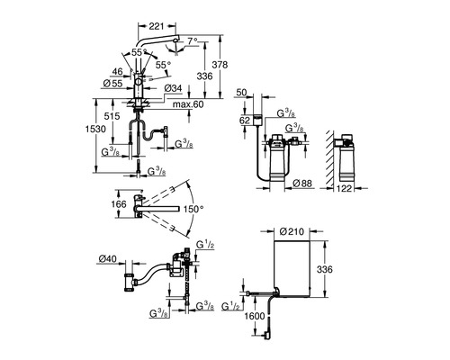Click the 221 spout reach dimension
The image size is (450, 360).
tap(157, 26)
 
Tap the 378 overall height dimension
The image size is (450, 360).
tap(220, 65)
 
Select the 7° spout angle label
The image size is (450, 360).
tap(193, 40)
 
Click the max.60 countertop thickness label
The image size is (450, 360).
tap(188, 104)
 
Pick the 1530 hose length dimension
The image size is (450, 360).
tap(95, 129)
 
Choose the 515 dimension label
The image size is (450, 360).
tap(112, 116)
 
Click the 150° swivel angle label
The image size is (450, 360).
tap(193, 209)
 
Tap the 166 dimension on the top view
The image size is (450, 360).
tap(119, 204)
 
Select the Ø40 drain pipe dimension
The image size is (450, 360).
tap(108, 258)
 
